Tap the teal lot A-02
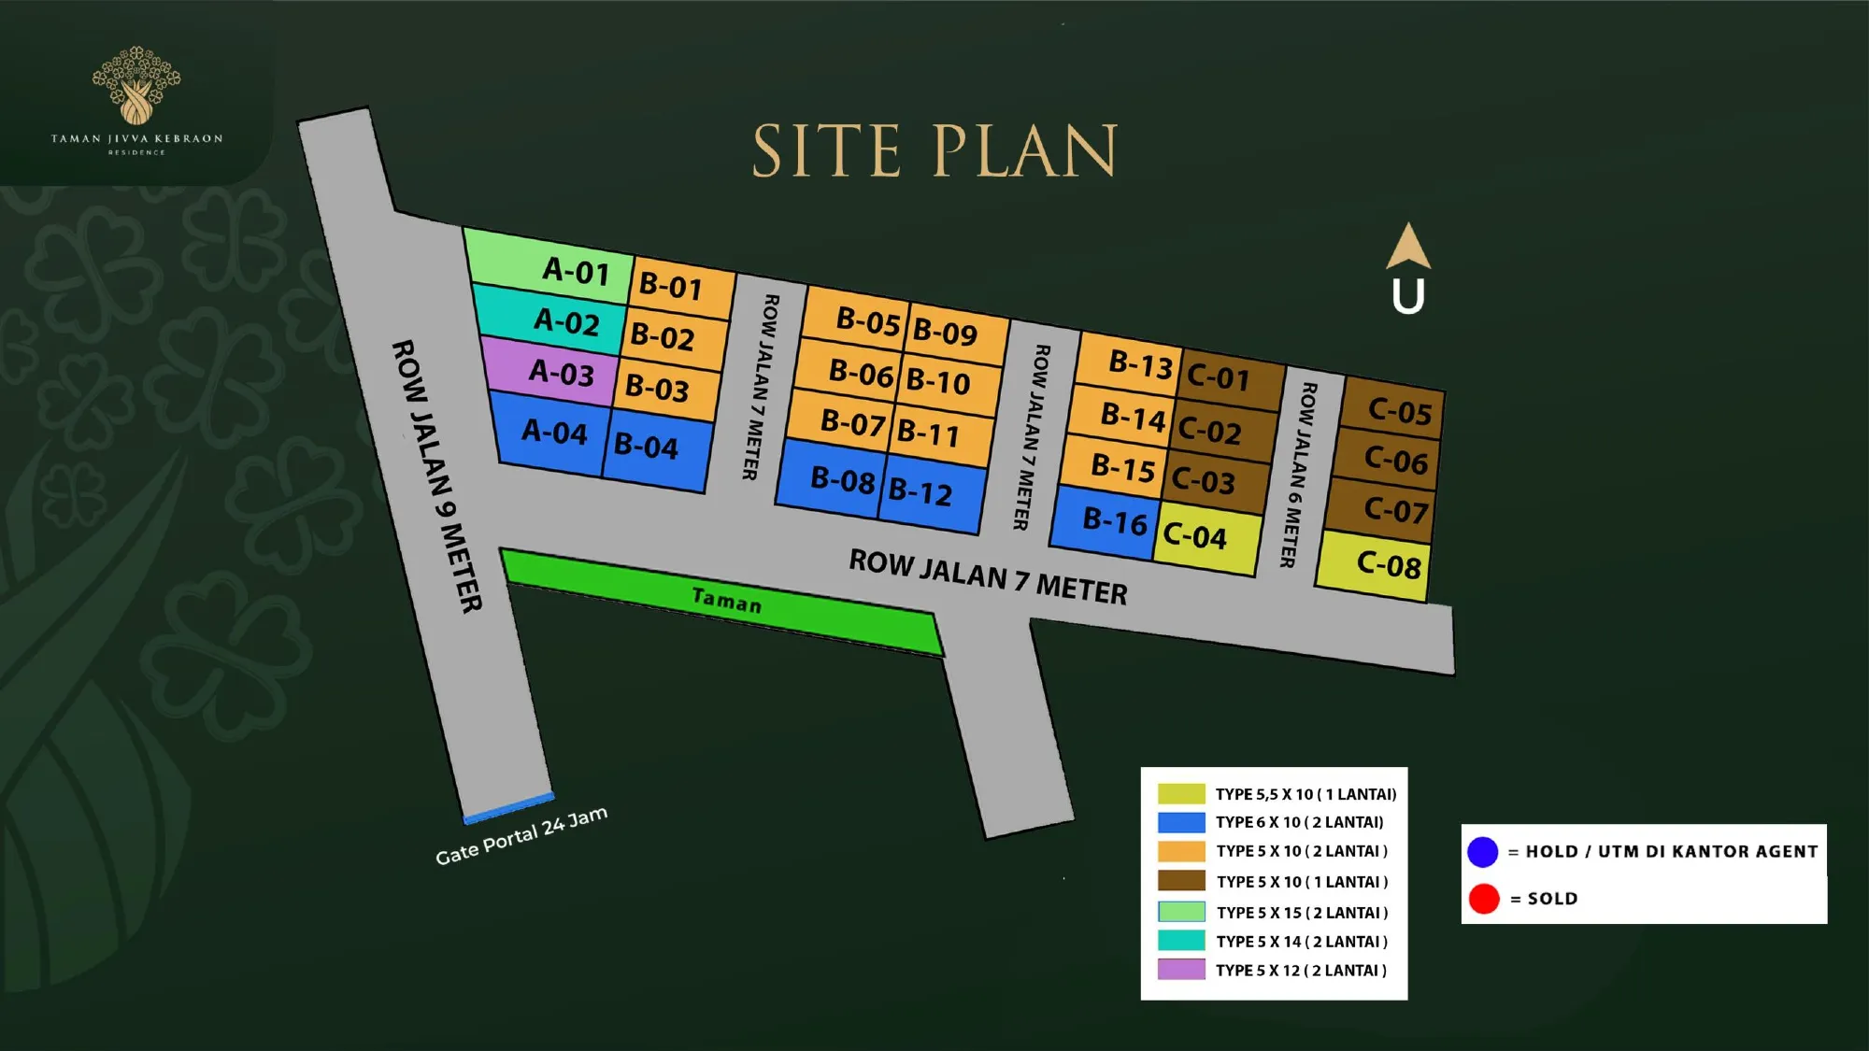pos(551,320)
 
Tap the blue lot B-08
pos(832,479)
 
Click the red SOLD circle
pos(1484,899)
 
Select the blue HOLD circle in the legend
pos(1483,851)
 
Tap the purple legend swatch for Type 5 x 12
pos(1181,970)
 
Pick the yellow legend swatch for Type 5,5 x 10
pos(1181,794)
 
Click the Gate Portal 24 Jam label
pos(521,835)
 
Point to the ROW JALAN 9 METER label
pos(436,476)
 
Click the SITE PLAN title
pos(935,150)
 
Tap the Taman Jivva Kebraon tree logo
pos(136,86)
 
